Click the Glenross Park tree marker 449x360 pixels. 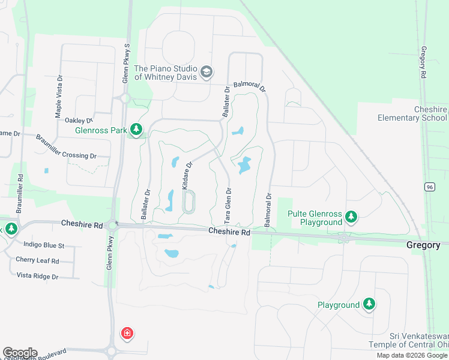(x=137, y=130)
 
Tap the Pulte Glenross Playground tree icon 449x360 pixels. (x=352, y=217)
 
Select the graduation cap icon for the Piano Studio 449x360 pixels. (x=207, y=73)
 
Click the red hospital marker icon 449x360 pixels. (x=127, y=334)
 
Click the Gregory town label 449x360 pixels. (x=423, y=245)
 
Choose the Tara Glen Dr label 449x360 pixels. (x=228, y=205)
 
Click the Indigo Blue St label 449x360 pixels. (x=43, y=245)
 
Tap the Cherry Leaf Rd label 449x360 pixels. (x=38, y=261)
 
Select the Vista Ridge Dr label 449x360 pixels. (x=37, y=277)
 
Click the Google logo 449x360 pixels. (x=19, y=353)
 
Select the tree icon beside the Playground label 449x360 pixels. (x=369, y=305)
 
